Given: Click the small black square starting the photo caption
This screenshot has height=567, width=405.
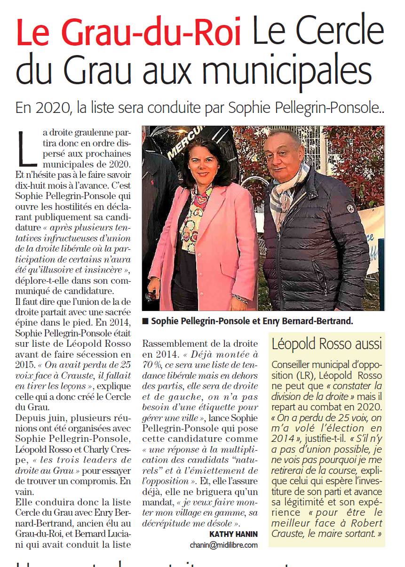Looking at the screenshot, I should coord(145,321).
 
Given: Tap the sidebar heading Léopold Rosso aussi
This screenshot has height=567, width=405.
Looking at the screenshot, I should coord(326,344).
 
